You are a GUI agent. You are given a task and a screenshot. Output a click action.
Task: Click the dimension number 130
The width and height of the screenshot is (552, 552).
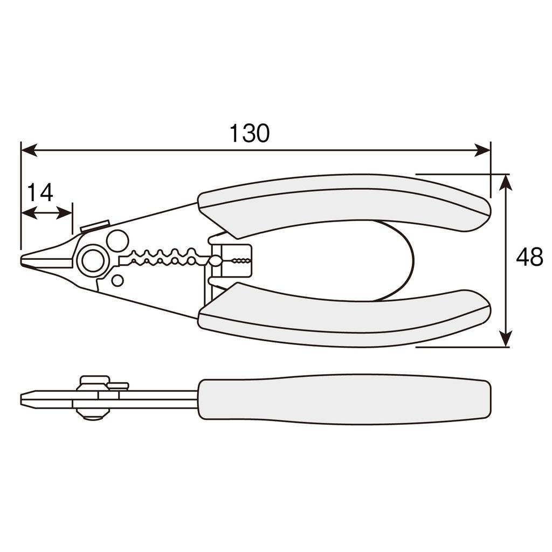(x=249, y=133)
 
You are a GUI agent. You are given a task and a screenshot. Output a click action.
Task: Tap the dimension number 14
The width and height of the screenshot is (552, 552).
(x=40, y=192)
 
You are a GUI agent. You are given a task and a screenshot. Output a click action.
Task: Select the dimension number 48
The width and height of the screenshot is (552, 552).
(x=529, y=258)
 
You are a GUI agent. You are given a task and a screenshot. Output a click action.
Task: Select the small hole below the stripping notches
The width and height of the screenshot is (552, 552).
(x=117, y=280)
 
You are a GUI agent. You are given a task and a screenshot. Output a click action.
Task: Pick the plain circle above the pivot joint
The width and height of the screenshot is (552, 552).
(x=117, y=240)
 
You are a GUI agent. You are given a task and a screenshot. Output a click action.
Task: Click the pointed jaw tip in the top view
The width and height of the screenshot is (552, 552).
(x=27, y=259)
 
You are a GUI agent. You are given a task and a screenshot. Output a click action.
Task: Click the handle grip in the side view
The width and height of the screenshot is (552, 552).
(x=345, y=399)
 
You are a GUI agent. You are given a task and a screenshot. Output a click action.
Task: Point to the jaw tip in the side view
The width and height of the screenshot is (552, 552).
(x=27, y=399)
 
